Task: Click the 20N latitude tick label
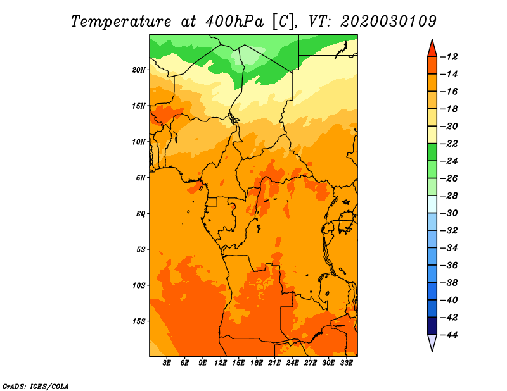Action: click(x=138, y=70)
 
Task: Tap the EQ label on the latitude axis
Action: click(x=140, y=214)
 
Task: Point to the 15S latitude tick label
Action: click(x=138, y=321)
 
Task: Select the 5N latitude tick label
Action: click(x=141, y=178)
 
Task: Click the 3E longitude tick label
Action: click(x=167, y=363)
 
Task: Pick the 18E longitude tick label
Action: click(x=257, y=363)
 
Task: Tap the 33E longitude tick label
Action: click(x=346, y=363)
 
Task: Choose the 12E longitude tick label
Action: click(x=221, y=363)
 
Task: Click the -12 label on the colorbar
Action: click(x=449, y=57)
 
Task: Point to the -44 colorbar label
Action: click(x=449, y=335)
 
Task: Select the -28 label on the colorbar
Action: click(x=449, y=196)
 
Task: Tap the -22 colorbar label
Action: click(x=449, y=144)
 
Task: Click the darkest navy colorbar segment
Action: click(x=432, y=326)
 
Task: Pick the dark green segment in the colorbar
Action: click(x=432, y=152)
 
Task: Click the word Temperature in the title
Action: click(x=120, y=22)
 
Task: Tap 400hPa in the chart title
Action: click(x=234, y=22)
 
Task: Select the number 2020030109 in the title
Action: click(x=388, y=22)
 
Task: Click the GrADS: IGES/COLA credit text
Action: click(x=35, y=387)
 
